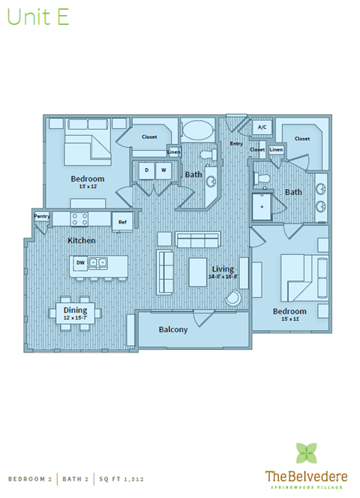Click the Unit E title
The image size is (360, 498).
[x=39, y=18]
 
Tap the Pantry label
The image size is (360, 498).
[x=41, y=216]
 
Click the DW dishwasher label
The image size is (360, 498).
[x=80, y=262]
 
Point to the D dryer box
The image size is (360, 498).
[x=146, y=170]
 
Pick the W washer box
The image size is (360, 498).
[x=162, y=170]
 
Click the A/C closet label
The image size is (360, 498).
[x=262, y=127]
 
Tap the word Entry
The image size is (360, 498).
[x=236, y=143]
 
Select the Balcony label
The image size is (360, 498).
[x=173, y=329]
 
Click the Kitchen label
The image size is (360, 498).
[x=81, y=241]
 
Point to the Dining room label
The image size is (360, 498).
[x=75, y=310]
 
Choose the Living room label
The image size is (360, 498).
[x=223, y=268]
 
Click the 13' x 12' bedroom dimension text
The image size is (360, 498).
[x=87, y=187]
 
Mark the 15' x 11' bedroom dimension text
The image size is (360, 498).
[x=289, y=319]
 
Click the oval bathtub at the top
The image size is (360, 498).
[x=199, y=128]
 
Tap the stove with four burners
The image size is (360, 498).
[x=79, y=219]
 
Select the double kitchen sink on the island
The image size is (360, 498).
[x=98, y=262]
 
